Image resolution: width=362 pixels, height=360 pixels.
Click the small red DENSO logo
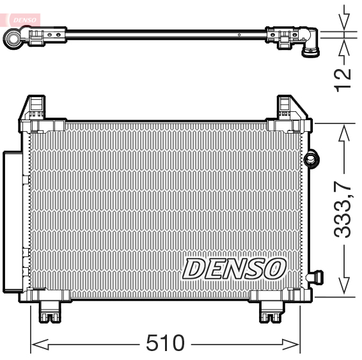pos(21,20)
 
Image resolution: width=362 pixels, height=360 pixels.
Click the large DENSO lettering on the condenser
pos(234,269)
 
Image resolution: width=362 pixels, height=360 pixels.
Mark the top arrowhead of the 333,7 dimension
pos(344,132)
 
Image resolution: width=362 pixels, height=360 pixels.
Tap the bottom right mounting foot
pos(269,309)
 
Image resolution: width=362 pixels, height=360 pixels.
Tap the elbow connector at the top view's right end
pos(311,42)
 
